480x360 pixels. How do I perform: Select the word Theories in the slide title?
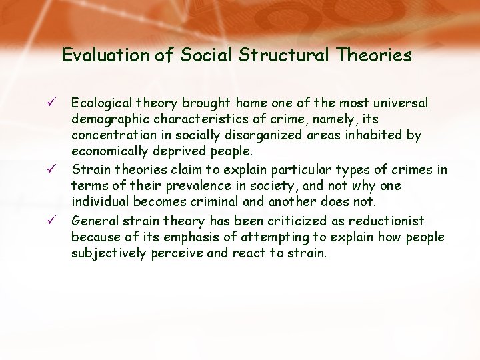pyautogui.click(x=375, y=55)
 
